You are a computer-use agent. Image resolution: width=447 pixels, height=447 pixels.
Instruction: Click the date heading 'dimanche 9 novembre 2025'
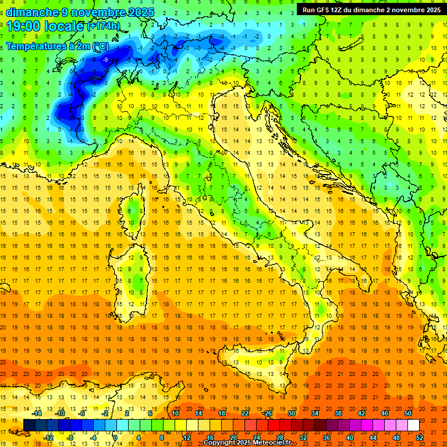pyautogui.click(x=80, y=12)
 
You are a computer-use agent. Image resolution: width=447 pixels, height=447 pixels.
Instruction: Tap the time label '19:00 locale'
pyautogui.click(x=45, y=26)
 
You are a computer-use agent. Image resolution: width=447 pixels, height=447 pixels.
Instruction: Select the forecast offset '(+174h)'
pyautogui.click(x=103, y=26)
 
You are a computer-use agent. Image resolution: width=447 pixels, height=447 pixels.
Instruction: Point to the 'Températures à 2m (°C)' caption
pyautogui.click(x=57, y=45)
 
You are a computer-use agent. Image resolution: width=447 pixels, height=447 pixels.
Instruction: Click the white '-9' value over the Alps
pyautogui.click(x=105, y=59)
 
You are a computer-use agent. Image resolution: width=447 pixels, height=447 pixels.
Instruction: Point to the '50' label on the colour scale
pyautogui.click(x=408, y=413)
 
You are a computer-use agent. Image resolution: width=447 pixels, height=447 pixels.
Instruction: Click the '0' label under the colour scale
pyautogui.click(x=116, y=437)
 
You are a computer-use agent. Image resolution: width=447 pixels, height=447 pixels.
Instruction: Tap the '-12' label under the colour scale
pyautogui.click(x=48, y=437)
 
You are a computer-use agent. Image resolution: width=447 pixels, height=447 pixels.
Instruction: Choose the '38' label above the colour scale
pyautogui.click(x=338, y=413)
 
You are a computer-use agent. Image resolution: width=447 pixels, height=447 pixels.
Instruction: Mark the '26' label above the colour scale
pyautogui.click(x=268, y=413)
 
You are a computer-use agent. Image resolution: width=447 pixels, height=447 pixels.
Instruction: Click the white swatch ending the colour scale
pyautogui.click(x=413, y=425)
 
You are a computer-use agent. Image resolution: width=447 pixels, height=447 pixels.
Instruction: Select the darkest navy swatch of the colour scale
pyautogui.click(x=29, y=425)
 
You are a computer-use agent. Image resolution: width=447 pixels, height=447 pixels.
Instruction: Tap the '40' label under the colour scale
pyautogui.click(x=350, y=437)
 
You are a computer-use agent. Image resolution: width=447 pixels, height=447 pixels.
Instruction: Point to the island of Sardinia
pyautogui.click(x=135, y=274)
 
